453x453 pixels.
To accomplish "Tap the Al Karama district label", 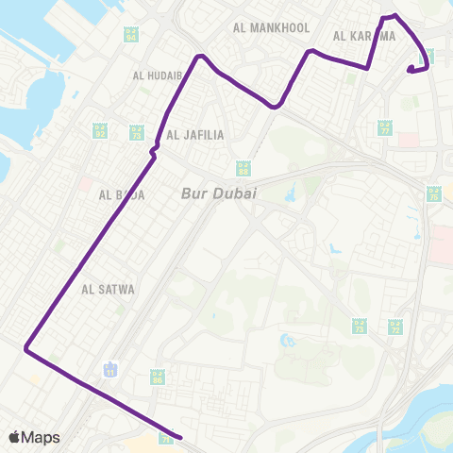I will pos(363,36).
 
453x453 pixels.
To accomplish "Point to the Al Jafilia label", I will pos(195,135).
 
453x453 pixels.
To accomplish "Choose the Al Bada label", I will pos(121,195).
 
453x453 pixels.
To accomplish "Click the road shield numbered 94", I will pos(130,35).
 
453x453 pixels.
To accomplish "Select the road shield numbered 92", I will pos(99,130).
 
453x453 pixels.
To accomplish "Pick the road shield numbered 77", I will pos(384,127).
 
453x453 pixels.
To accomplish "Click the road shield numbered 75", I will pos(433,196).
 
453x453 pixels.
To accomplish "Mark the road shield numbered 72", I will pos(395,327).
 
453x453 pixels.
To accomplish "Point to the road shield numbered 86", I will pos(158,377).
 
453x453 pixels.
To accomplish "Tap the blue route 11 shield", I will pos(112,366).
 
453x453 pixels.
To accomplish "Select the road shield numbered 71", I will pos(167,438).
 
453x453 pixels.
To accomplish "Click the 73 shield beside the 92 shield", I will pos(137,131).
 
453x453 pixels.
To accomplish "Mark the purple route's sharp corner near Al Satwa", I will pos(26,350).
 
